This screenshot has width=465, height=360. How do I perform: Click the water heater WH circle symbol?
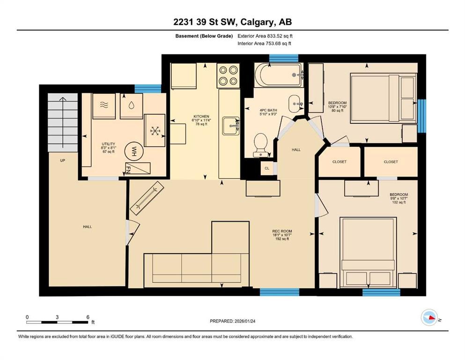(x=134, y=150)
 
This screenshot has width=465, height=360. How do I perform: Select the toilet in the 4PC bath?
(x=260, y=144)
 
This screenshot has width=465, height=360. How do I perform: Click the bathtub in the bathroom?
(x=278, y=75)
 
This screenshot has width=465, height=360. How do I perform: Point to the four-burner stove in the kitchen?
(x=228, y=75)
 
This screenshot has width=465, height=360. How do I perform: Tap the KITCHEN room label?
(x=201, y=116)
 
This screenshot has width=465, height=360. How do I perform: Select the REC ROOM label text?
(x=282, y=231)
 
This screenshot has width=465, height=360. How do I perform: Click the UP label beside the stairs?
(x=62, y=160)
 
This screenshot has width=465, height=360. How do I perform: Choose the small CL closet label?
(x=267, y=168)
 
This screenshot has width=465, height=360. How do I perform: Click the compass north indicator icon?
(x=429, y=318)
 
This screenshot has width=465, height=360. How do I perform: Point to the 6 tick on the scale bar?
(x=88, y=317)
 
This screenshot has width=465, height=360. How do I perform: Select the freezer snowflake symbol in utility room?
(x=155, y=130)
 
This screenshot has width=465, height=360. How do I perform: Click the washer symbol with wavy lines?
(x=104, y=106)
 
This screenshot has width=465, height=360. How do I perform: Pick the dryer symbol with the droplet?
(x=131, y=106)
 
